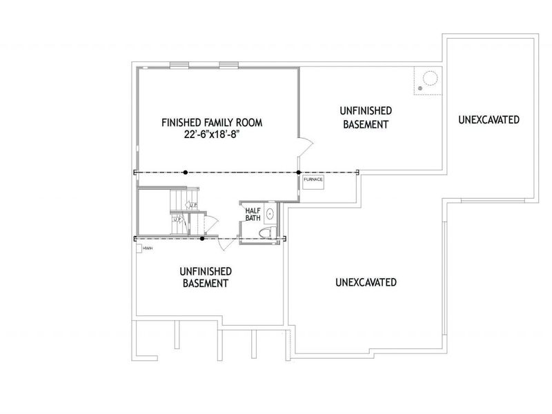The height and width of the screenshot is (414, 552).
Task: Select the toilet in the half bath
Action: pos(271,231)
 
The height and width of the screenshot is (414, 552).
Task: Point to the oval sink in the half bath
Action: pos(270,213)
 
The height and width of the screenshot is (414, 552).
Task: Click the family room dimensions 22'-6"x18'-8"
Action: pos(212,135)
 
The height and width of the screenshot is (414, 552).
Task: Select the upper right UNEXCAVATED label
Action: pos(488,120)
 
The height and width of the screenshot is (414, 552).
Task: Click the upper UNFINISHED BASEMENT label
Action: pos(366,117)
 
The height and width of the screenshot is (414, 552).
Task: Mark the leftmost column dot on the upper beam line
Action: pos(186,172)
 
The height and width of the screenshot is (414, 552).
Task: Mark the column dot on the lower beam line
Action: pos(201,239)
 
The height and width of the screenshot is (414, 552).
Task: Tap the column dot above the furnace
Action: pos(298,172)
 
